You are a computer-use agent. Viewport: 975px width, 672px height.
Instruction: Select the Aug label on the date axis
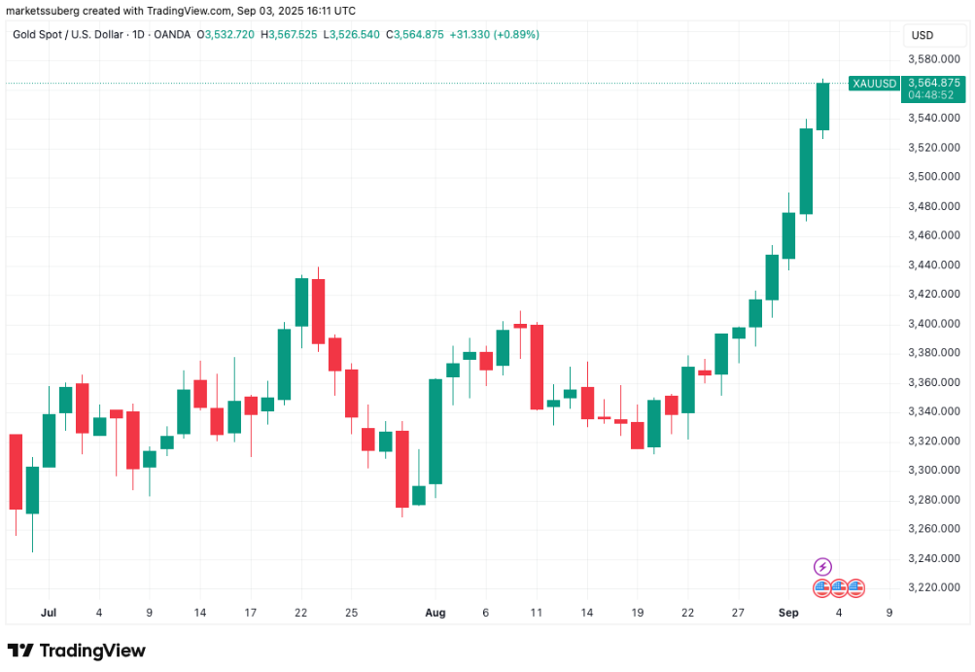coord(435,613)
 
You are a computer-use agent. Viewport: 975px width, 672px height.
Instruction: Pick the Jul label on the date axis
coord(49,613)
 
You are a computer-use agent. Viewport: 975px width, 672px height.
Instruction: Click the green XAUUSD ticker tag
coord(873,84)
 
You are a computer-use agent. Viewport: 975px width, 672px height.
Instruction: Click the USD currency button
coord(922,36)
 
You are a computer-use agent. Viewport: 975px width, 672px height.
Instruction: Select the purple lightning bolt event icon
coord(822,567)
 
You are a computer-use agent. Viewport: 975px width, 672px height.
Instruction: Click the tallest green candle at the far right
coord(806,170)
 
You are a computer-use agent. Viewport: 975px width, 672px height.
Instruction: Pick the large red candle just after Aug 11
coord(537,367)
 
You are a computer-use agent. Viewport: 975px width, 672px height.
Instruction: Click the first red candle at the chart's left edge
coord(16,471)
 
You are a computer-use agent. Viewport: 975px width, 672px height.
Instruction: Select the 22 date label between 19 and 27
coord(687,613)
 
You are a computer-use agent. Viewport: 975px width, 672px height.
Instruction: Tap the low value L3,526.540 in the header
coord(352,34)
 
